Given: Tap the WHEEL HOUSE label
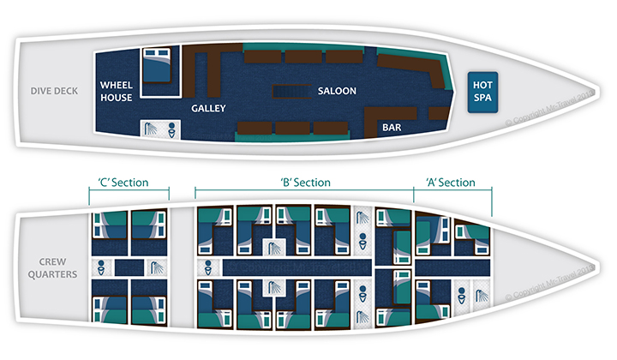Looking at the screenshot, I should tap(116, 91).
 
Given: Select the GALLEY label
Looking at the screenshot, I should tap(208, 109).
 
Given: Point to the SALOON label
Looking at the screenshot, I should tap(337, 90).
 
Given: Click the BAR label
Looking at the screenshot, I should tap(392, 128).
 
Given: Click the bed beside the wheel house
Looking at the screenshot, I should tap(156, 64).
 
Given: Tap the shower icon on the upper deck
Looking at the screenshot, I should tap(152, 129).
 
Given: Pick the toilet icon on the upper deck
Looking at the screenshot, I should tap(171, 129).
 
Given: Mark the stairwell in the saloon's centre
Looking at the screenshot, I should tap(292, 91).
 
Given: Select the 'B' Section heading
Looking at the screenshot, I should tap(305, 183).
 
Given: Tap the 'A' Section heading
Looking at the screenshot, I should tap(450, 183).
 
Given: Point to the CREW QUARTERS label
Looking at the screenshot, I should tap(54, 267).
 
